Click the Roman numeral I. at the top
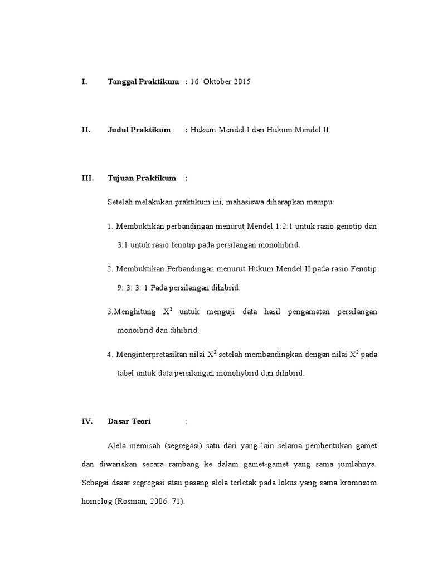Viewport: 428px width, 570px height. point(84,82)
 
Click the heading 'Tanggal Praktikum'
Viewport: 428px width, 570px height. point(143,82)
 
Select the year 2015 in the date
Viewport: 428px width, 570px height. point(242,82)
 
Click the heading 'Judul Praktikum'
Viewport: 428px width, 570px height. point(139,130)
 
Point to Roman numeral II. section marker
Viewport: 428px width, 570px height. point(86,130)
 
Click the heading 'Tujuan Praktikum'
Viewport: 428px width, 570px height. point(142,178)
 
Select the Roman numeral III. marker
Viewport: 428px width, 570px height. point(87,178)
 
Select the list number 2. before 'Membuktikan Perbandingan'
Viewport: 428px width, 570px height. point(110,269)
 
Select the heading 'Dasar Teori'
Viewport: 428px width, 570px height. point(129,421)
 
